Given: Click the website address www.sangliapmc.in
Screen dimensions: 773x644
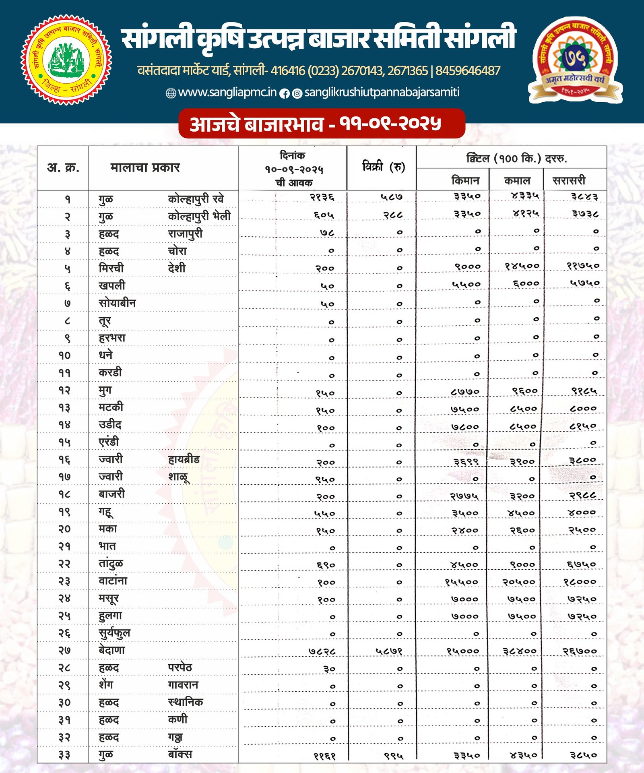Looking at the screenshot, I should pos(227,92).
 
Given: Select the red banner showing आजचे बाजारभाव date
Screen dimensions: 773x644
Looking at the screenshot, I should pos(322,124).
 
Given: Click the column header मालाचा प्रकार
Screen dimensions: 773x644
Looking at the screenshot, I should pos(145,167).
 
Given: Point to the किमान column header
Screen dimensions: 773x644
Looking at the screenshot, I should pos(465,180).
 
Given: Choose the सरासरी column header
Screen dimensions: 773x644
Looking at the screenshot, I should pos(569,180).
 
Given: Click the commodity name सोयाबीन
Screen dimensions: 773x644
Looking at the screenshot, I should pos(117,303).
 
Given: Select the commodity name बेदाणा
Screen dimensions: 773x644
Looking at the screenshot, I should pos(112,650).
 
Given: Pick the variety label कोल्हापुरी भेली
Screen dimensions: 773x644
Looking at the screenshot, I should pos(199,216).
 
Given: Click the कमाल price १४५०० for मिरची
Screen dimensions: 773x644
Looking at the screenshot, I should pos(522,266).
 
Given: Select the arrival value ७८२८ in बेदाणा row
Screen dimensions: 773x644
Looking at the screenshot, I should pos(322,651).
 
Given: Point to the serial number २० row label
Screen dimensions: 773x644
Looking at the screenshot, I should pos(64,529).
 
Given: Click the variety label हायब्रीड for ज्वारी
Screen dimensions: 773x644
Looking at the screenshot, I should pos(184,459).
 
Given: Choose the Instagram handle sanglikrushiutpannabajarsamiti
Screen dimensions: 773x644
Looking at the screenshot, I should pos(382,92).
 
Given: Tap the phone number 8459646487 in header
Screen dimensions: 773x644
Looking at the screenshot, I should pos(468,71).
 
